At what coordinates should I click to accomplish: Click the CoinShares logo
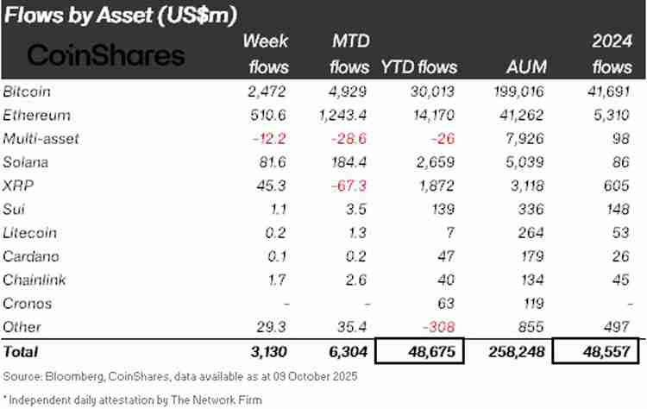pyautogui.click(x=106, y=56)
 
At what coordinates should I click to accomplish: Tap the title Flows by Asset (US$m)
pyautogui.click(x=120, y=15)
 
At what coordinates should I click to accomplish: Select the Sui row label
pyautogui.click(x=14, y=208)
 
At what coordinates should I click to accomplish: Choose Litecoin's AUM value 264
pyautogui.click(x=531, y=233)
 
